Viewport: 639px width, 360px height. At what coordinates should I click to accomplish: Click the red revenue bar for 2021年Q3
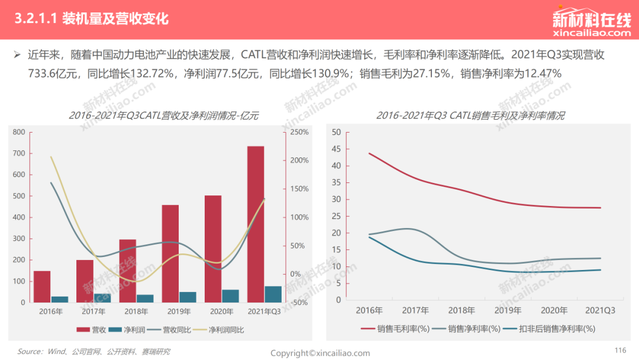pyautogui.click(x=256, y=224)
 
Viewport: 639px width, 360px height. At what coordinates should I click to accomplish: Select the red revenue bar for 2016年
pyautogui.click(x=42, y=287)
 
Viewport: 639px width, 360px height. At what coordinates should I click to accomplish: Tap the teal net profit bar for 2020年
pyautogui.click(x=231, y=296)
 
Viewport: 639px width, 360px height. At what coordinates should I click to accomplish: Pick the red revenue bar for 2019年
pyautogui.click(x=170, y=253)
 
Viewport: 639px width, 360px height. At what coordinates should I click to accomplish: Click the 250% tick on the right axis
pyautogui.click(x=299, y=132)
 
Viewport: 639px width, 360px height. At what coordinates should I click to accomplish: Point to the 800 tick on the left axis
pyautogui.click(x=19, y=132)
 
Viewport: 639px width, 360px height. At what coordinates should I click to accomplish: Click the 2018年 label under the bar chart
pyautogui.click(x=136, y=311)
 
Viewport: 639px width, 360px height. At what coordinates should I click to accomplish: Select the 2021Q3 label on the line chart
pyautogui.click(x=601, y=310)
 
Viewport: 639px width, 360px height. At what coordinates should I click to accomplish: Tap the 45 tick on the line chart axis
pyautogui.click(x=336, y=149)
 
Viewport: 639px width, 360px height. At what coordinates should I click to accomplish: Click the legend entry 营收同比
pyautogui.click(x=169, y=329)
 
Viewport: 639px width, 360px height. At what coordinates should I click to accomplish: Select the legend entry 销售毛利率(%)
pyautogui.click(x=395, y=329)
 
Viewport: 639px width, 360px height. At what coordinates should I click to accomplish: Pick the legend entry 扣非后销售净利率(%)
pyautogui.click(x=549, y=329)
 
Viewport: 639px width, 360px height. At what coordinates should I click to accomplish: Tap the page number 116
pyautogui.click(x=620, y=350)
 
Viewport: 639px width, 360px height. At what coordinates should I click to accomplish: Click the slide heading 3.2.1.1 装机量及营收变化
pyautogui.click(x=92, y=19)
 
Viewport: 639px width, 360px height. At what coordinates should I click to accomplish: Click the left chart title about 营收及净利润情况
pyautogui.click(x=163, y=116)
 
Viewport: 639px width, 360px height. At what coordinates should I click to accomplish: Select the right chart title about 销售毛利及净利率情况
pyautogui.click(x=470, y=116)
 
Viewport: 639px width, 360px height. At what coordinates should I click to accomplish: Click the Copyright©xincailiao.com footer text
pyautogui.click(x=320, y=353)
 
